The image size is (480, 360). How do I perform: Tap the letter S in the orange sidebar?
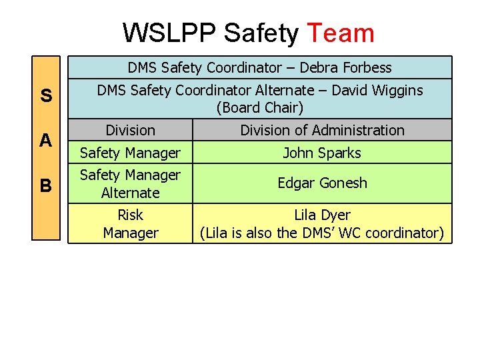46,96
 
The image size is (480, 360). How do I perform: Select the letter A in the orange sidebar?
46,140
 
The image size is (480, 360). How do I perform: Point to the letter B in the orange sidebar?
46,185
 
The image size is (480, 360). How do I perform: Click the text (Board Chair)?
259,107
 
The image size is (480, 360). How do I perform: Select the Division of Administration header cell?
322,130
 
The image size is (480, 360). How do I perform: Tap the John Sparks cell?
322,153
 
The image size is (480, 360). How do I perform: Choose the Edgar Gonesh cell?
322,183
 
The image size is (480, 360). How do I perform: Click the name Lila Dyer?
322,215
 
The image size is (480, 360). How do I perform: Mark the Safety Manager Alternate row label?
130,183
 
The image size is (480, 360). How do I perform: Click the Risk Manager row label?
130,223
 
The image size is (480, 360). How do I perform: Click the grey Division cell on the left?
130,130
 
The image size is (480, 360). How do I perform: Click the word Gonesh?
344,183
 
